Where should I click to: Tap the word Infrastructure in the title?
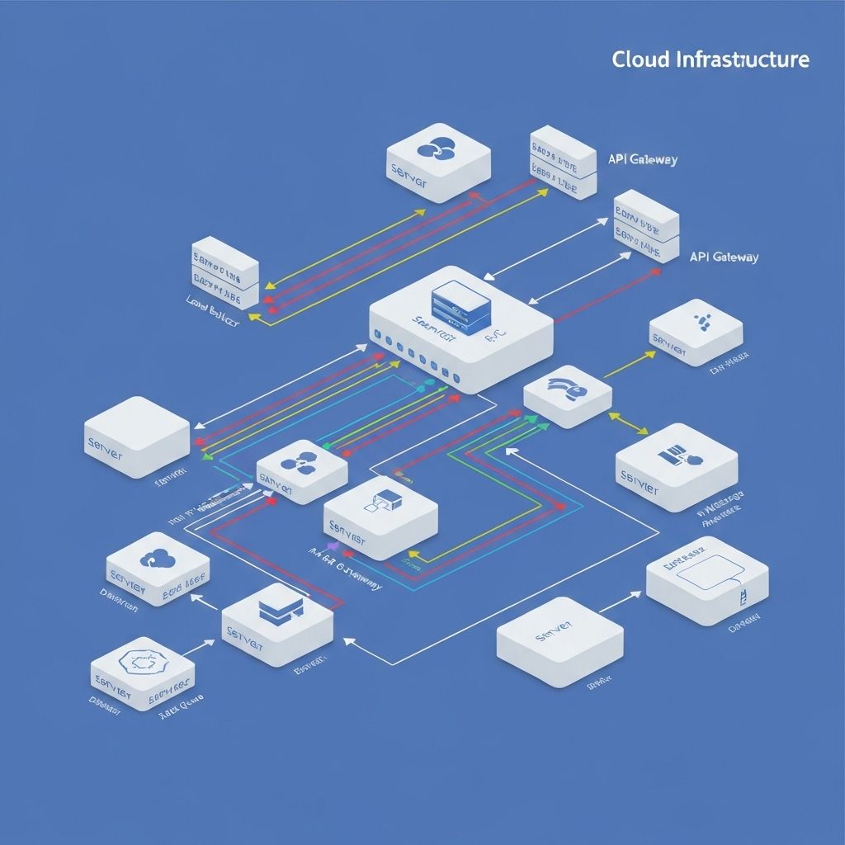tap(742, 59)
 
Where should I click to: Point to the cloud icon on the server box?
tap(155, 559)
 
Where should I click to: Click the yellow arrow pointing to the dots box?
tap(630, 364)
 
